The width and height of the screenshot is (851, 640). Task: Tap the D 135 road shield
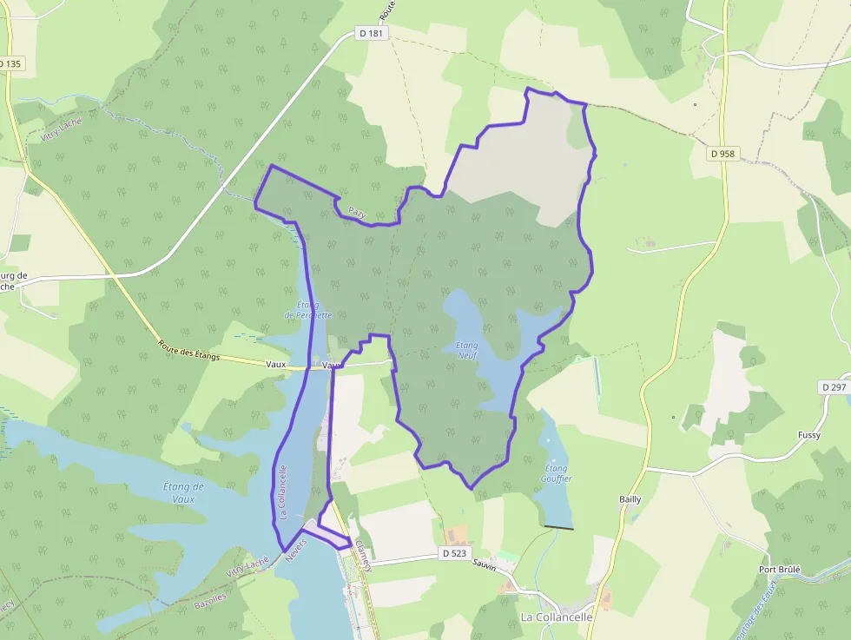10,63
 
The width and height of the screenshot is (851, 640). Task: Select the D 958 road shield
722,154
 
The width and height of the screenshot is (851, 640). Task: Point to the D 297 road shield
834,386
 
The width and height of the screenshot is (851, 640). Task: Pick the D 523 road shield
454,552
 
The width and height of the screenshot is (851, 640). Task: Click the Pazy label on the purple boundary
358,211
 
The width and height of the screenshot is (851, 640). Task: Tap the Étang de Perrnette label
313,309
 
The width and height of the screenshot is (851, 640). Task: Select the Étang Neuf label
467,350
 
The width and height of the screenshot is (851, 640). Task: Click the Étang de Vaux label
183,492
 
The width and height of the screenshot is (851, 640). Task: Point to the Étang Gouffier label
556,472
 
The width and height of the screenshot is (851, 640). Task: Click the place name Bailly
630,499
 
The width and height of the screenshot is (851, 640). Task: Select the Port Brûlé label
779,570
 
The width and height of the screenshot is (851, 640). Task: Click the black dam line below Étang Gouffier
557,526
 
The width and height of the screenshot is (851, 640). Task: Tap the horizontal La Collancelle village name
557,617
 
